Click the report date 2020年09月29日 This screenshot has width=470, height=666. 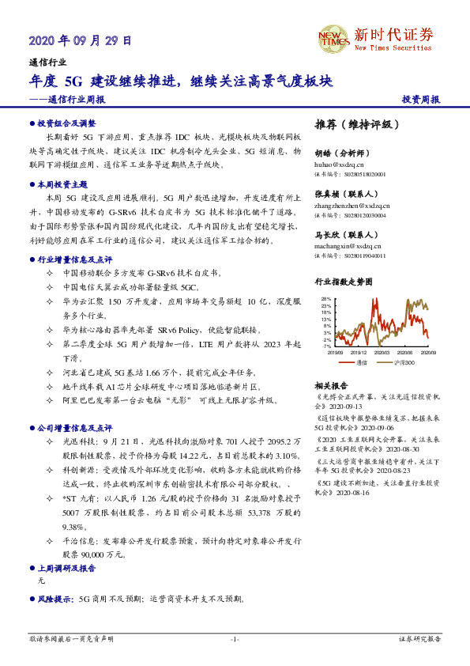coord(80,40)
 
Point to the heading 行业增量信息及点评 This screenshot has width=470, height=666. coord(75,259)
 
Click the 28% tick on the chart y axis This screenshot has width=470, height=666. coord(325,298)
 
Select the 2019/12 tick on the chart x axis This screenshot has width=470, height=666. coord(359,353)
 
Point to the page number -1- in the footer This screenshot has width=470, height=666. coord(235,638)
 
